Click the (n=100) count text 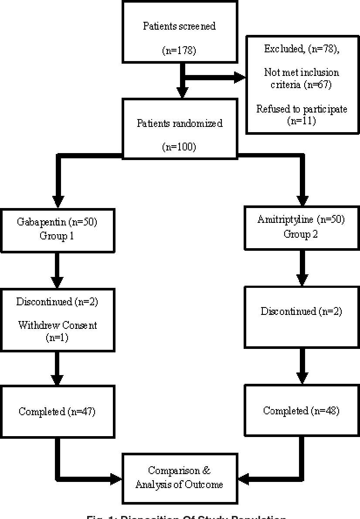tap(179, 147)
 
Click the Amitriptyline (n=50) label tap(301, 220)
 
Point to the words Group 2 tap(301, 234)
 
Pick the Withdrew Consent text tap(58, 325)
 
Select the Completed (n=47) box tap(58, 411)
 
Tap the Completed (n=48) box tap(301, 411)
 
